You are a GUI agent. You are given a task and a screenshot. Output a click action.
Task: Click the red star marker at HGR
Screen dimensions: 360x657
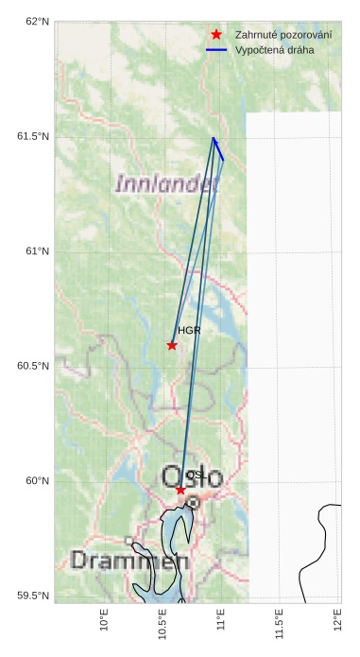point(172,345)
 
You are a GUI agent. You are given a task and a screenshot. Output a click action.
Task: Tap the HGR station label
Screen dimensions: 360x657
point(189,331)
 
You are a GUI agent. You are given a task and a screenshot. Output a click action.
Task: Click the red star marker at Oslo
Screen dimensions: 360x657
point(180,490)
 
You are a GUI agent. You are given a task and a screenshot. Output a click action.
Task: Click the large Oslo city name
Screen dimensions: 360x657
point(193,477)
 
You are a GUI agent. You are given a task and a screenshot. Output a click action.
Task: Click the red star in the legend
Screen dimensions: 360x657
point(216,34)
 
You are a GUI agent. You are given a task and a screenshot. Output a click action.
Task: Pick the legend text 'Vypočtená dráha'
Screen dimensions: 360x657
point(274,49)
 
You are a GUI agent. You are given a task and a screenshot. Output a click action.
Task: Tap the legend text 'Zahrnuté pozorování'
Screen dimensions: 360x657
point(283,34)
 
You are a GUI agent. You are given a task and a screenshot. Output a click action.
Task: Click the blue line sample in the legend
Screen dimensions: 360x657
point(216,49)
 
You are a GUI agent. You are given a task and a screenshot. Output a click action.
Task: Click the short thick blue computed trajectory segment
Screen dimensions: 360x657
point(218,148)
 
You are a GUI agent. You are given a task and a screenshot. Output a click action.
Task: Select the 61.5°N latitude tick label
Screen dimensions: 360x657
point(32,136)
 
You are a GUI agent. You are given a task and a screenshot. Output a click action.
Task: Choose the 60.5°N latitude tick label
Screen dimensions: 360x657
point(32,366)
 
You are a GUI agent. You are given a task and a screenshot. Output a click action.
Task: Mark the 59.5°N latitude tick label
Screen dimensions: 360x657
point(32,596)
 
